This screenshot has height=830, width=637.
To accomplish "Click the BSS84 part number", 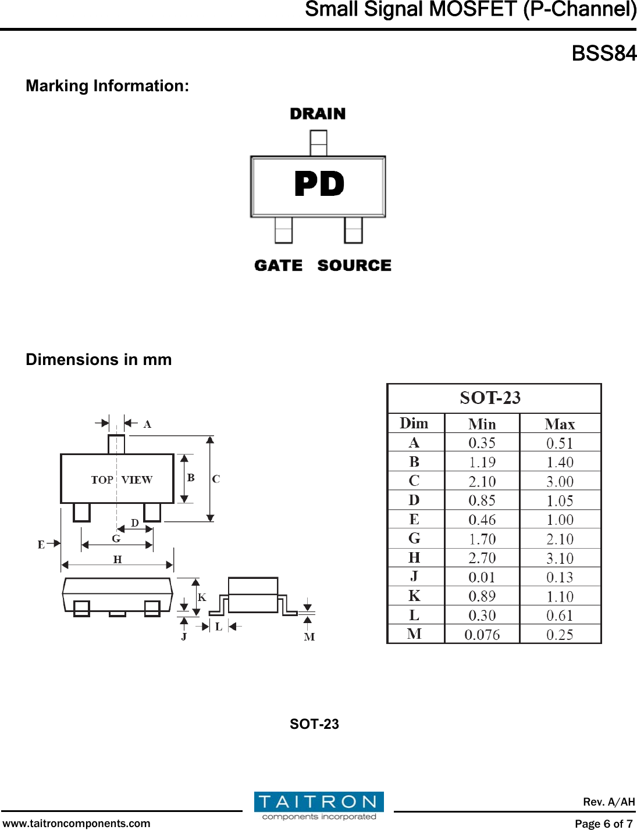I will tap(604, 53).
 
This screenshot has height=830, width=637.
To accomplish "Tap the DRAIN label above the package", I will tap(318, 114).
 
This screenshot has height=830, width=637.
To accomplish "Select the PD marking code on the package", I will tap(319, 184).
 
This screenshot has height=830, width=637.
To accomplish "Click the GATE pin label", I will tap(279, 266).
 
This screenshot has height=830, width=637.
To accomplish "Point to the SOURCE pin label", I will tap(354, 266).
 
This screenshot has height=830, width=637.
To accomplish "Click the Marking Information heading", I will tap(108, 86).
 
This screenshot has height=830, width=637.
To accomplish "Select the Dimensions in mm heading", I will tap(99, 360).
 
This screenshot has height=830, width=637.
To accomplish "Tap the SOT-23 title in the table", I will tap(490, 398).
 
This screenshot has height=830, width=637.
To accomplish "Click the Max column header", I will tap(560, 424).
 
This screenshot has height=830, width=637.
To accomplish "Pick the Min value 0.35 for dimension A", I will tap(482, 443).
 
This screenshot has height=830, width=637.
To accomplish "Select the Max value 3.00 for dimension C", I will tap(560, 482).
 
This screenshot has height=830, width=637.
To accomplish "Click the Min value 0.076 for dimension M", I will tap(482, 635).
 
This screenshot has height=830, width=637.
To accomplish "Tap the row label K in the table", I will tap(414, 596).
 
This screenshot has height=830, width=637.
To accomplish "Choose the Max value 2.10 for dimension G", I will tap(560, 539).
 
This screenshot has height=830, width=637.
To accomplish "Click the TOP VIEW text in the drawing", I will tap(122, 480).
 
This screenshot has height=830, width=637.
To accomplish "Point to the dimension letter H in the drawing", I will tap(118, 560).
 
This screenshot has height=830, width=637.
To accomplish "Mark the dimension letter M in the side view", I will tap(309, 637).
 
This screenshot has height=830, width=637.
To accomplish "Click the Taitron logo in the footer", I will tap(319, 806).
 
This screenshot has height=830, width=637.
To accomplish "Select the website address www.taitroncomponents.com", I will tap(76, 823).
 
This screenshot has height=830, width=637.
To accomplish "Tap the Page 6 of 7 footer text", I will tap(604, 823).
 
